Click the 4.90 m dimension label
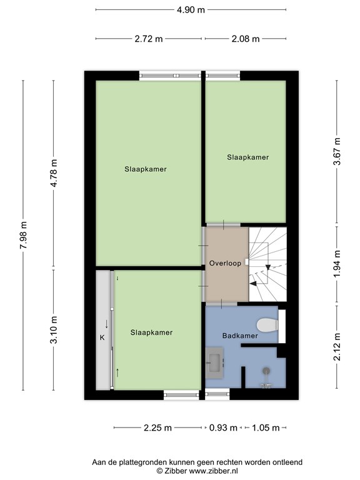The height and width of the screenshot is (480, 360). click(191, 10)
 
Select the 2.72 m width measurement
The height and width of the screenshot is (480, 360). click(149, 39)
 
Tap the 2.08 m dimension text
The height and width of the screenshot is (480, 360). click(246, 39)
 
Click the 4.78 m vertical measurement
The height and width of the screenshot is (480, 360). click(54, 173)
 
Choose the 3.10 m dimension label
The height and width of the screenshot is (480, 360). click(54, 330)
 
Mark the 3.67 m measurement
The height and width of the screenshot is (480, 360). click(337, 151)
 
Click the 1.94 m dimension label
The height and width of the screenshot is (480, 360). click(337, 264)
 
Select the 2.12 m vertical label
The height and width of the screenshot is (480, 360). click(337, 347)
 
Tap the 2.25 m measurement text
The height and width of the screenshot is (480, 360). click(157, 427)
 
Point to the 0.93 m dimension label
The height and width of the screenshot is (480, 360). click(223, 427)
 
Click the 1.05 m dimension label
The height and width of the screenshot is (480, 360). click(266, 427)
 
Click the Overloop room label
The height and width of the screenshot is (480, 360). click(225, 263)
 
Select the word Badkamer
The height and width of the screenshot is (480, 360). click(240, 336)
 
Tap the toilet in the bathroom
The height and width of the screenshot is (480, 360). click(267, 325)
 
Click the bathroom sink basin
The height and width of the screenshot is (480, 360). click(214, 362)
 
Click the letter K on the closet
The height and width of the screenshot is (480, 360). click(102, 337)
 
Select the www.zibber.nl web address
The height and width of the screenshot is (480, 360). click(213, 471)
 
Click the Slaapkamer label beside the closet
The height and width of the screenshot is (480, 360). click(151, 332)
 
